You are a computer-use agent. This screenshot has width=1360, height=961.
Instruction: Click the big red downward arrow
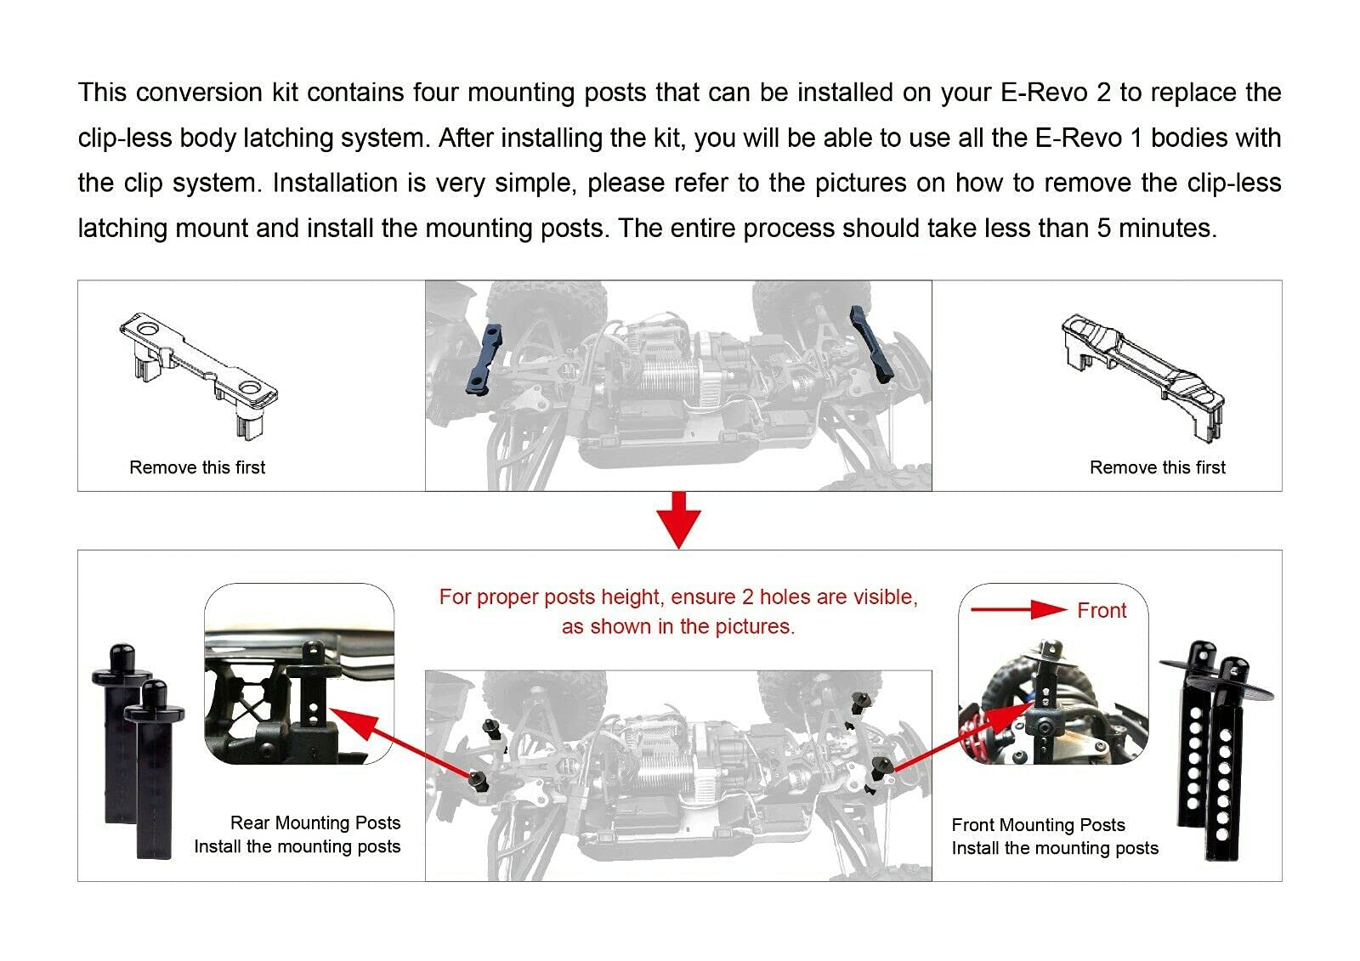[679, 519]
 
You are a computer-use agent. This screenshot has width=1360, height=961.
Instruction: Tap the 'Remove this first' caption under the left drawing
[197, 467]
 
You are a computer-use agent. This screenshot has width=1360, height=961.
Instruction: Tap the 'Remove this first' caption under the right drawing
[1157, 467]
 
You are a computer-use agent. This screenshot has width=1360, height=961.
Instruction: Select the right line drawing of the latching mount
[1144, 374]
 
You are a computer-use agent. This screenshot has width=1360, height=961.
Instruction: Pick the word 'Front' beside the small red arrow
[1101, 610]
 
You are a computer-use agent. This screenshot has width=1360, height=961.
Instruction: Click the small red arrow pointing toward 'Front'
[1017, 609]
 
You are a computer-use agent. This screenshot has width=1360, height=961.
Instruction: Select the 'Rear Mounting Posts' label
[314, 823]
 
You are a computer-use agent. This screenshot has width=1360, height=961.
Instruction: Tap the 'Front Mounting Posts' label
[1038, 824]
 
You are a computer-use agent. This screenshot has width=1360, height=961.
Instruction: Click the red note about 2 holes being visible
[678, 612]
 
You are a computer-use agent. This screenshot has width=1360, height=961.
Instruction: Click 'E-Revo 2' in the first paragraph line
[1055, 93]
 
